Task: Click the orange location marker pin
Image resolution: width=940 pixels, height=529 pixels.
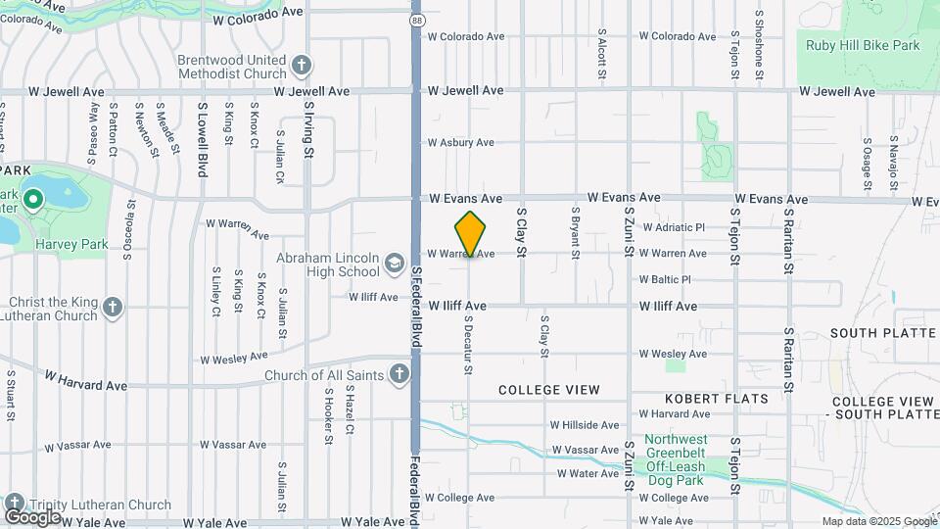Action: point(471,233)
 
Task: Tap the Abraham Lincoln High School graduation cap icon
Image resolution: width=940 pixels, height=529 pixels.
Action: point(394,263)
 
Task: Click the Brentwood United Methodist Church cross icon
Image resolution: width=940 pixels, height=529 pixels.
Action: point(302,66)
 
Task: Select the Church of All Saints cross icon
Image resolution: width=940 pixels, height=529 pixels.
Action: point(399,373)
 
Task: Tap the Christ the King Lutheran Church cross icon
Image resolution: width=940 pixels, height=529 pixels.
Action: point(113,308)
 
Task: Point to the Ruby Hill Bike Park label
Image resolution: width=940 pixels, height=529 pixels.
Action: point(863,45)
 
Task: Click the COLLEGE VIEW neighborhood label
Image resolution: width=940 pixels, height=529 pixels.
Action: point(548,390)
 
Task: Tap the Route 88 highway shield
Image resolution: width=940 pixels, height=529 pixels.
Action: point(417,19)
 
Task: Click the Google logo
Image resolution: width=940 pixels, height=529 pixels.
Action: point(32,516)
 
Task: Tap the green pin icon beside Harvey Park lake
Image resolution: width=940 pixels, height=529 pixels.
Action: point(32,201)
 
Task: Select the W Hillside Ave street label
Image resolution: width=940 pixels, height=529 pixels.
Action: point(585,425)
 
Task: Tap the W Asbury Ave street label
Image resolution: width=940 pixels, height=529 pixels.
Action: point(460,143)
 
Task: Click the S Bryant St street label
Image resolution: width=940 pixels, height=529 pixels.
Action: point(575,224)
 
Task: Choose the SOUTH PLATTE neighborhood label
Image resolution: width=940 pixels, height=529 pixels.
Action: point(883,333)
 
